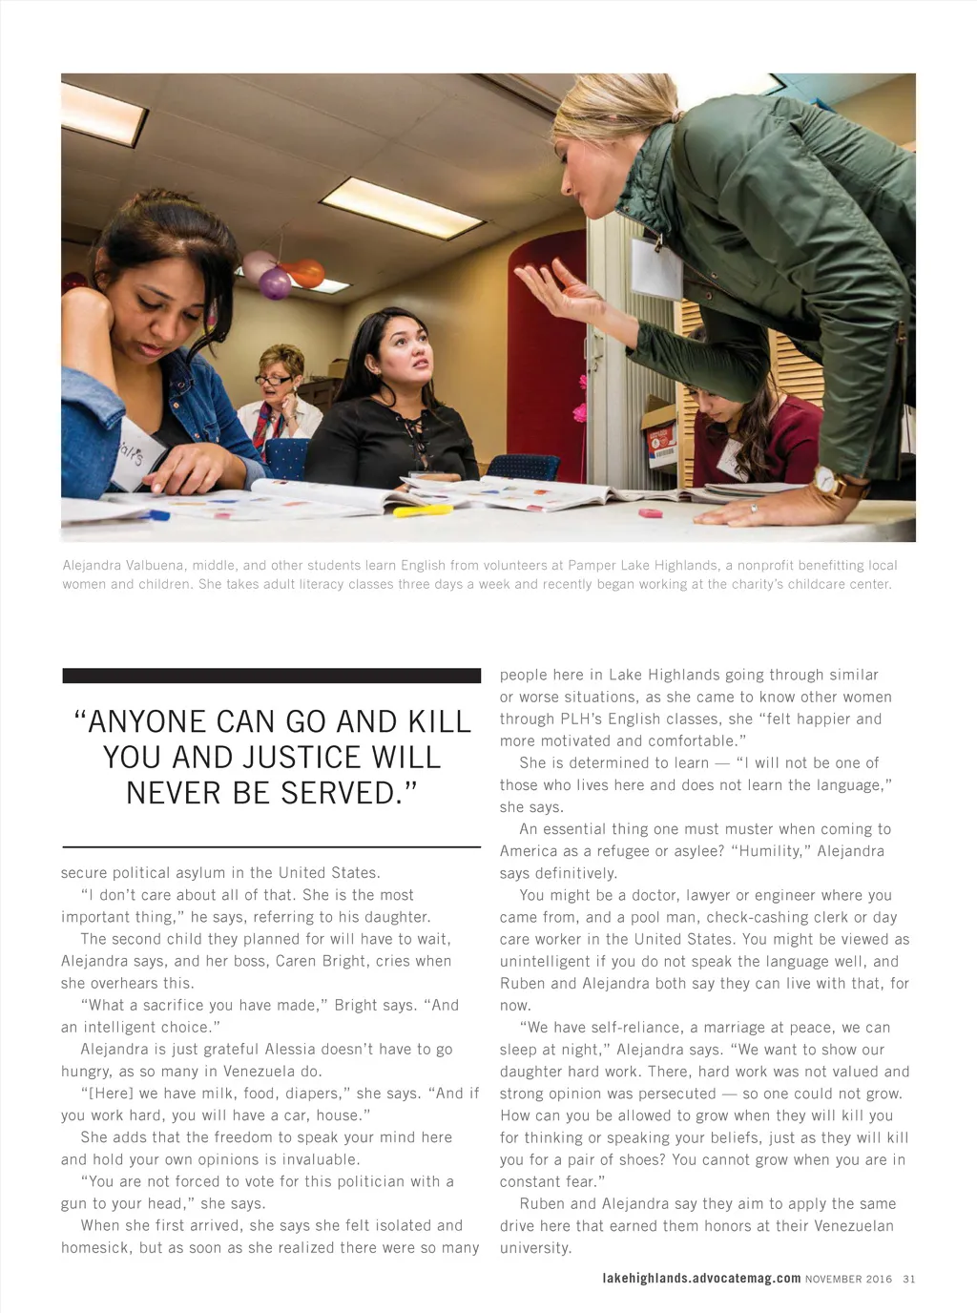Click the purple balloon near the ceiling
click(275, 282)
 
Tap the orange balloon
click(307, 273)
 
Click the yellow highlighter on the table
click(423, 511)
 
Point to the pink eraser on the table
click(651, 513)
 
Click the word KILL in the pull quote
click(426, 721)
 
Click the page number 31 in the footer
click(908, 1279)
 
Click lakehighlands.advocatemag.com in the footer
click(701, 1278)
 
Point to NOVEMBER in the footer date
click(834, 1279)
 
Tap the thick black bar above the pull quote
click(271, 676)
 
